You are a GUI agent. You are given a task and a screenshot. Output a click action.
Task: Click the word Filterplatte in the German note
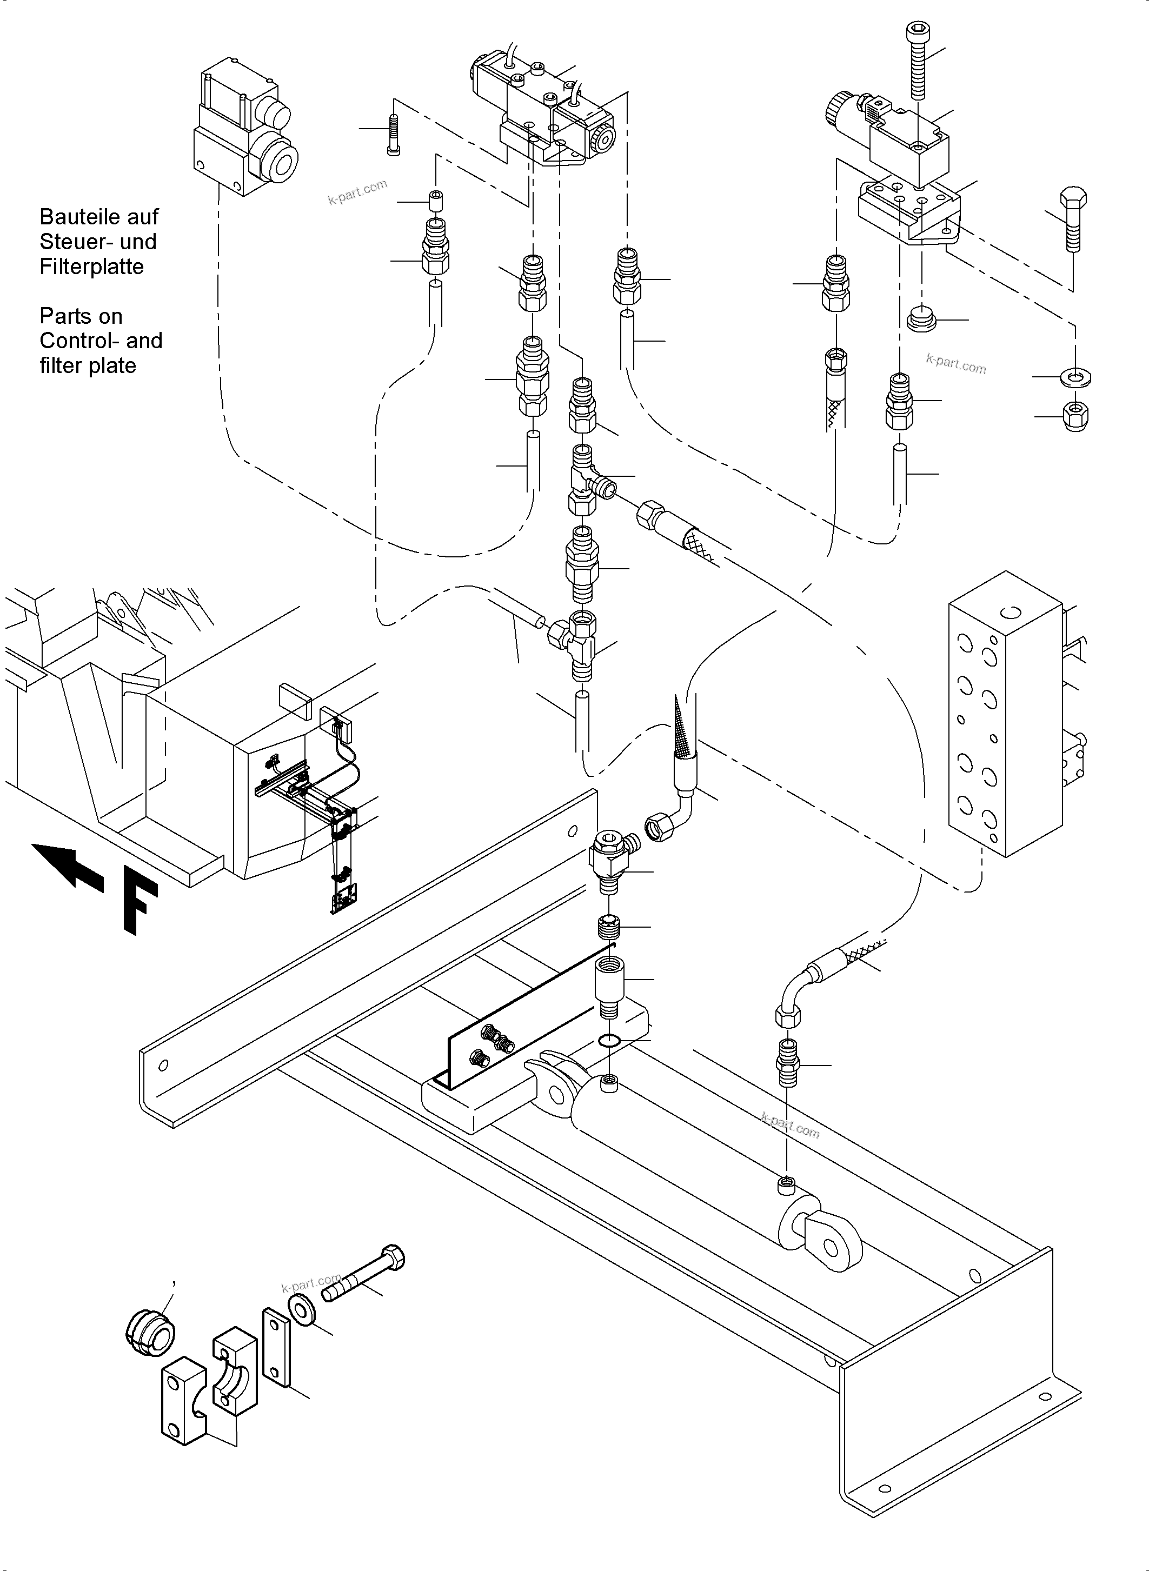click(91, 267)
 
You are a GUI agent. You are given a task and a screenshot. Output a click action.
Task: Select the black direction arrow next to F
click(69, 865)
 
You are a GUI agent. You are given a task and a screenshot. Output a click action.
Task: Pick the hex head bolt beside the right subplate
click(1073, 218)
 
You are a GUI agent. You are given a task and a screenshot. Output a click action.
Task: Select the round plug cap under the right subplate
click(922, 319)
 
